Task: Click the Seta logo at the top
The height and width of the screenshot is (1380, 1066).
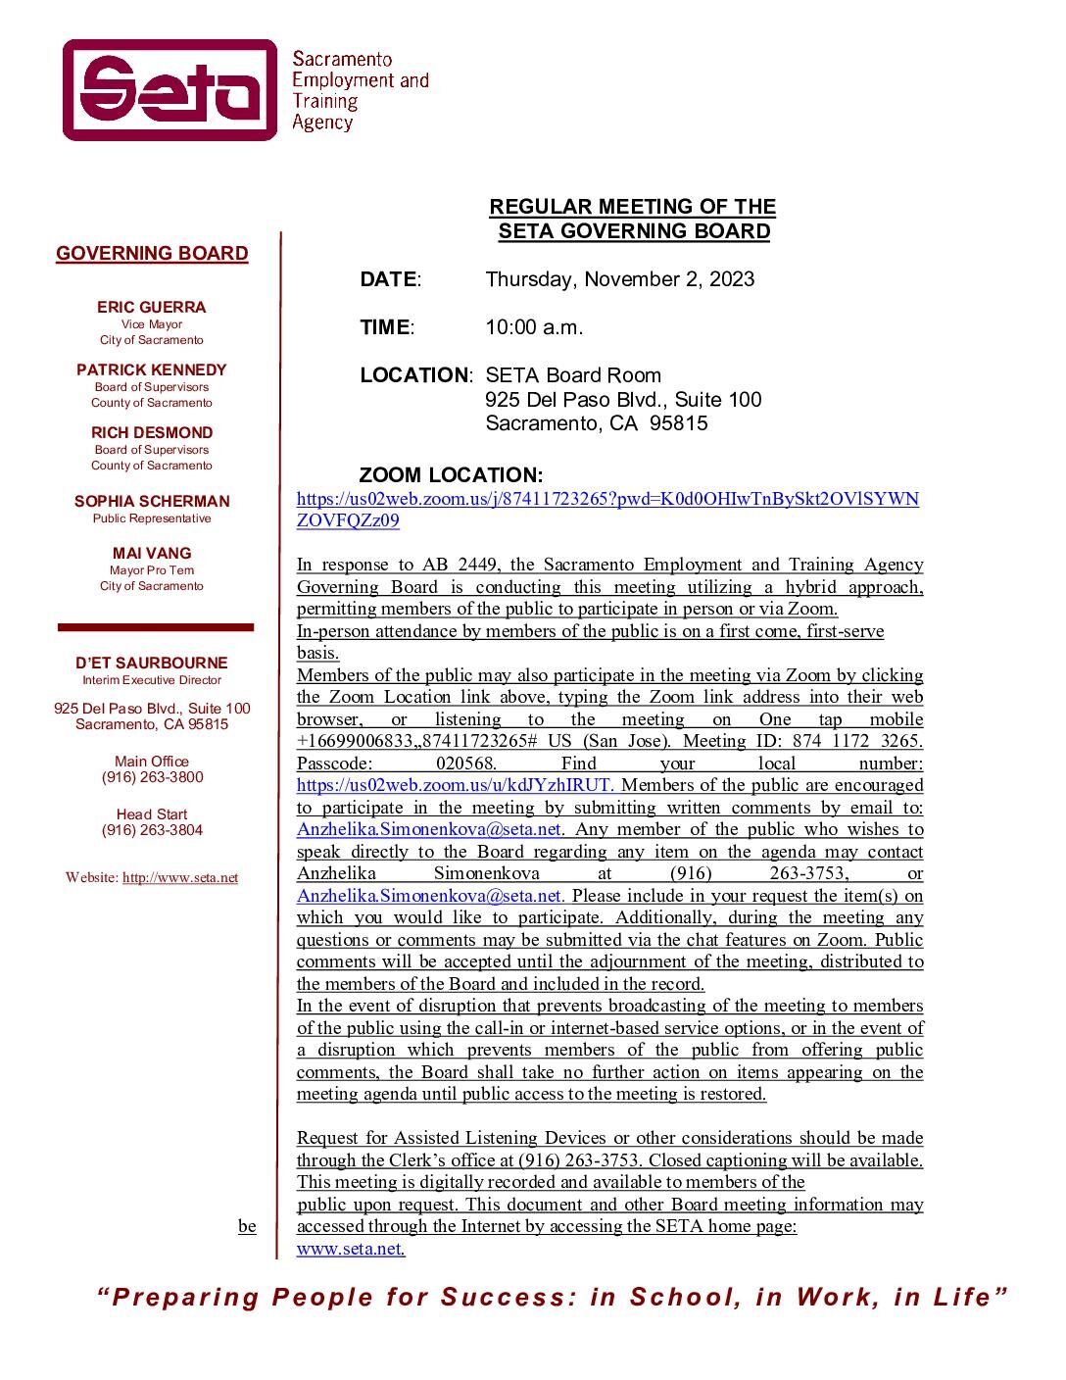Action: point(170,90)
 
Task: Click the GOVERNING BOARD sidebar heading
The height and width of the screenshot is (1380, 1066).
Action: point(152,254)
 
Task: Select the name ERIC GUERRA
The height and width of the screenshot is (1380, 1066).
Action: point(151,307)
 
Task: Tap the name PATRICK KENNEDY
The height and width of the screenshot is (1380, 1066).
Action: point(151,370)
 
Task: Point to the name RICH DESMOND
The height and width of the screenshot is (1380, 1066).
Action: point(151,432)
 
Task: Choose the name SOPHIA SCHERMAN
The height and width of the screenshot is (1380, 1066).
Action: point(151,501)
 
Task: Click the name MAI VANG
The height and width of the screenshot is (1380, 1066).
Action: point(151,553)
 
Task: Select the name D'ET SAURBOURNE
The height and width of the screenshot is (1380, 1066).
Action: point(151,663)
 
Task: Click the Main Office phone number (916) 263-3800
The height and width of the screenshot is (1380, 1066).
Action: point(152,777)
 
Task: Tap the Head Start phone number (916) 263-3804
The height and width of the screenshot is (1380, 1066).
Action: point(152,830)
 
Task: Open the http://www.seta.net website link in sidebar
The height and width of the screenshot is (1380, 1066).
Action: point(180,878)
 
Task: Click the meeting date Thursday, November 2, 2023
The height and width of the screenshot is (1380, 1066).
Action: point(619,279)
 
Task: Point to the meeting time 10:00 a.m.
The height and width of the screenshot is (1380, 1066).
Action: point(534,327)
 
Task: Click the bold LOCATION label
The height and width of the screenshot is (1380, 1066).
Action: point(414,375)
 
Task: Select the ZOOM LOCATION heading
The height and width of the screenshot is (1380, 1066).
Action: point(451,475)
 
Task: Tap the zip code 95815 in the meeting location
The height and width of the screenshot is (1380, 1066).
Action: point(678,423)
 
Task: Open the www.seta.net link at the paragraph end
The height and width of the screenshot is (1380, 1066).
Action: point(350,1249)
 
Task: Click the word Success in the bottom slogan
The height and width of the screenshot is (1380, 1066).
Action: point(502,1298)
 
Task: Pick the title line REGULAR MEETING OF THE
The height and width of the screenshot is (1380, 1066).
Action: point(632,207)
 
